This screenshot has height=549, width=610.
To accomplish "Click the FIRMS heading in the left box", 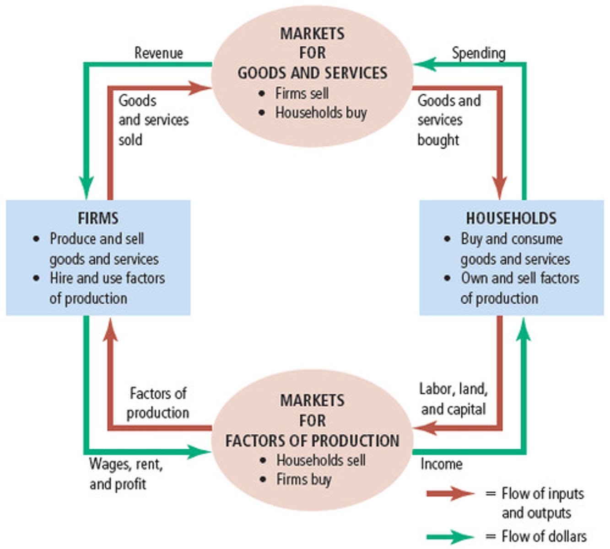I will (x=98, y=218).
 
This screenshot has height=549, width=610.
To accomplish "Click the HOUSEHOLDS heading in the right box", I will (x=511, y=218).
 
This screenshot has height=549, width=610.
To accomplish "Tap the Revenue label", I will (x=158, y=53).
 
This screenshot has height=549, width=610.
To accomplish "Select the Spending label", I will (x=478, y=53).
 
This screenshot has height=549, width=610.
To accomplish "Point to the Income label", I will (x=441, y=464).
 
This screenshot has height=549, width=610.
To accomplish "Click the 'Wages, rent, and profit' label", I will (x=126, y=474).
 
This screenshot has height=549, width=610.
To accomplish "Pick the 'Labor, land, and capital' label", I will (x=453, y=399).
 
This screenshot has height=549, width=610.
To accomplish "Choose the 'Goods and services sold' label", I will (x=153, y=120).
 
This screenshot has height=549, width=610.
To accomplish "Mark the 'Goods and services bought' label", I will (x=448, y=120).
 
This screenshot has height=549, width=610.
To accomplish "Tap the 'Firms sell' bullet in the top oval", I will (x=302, y=93).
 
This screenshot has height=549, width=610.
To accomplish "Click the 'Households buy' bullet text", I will (x=321, y=113).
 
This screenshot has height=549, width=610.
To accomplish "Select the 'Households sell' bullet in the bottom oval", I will (x=321, y=460).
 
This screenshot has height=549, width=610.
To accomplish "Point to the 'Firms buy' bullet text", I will (x=304, y=479).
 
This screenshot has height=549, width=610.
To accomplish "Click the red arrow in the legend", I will (x=451, y=493).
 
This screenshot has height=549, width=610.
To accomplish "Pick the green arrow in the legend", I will (x=451, y=536).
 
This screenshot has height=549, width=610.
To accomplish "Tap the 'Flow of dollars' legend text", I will (x=544, y=536).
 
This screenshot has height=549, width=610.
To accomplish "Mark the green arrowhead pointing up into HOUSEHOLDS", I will (x=524, y=328).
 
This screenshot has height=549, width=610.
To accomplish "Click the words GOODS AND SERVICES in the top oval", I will (x=312, y=73).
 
